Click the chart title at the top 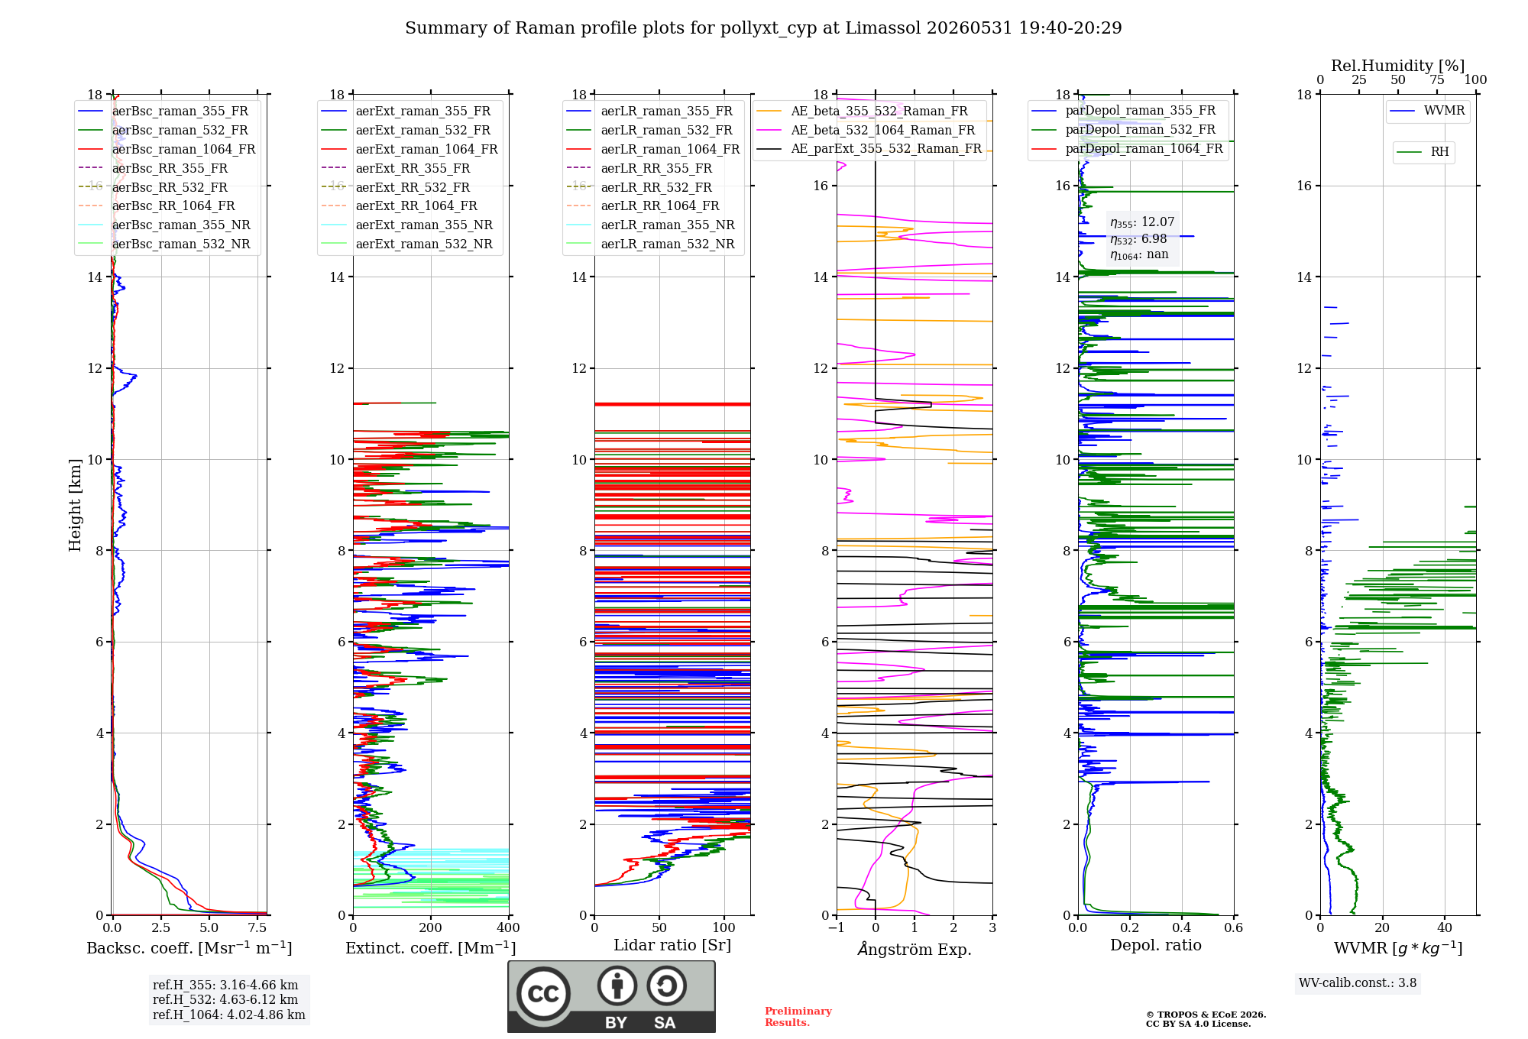[x=763, y=28]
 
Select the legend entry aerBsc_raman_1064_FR [x=183, y=150]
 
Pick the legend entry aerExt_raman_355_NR [x=424, y=225]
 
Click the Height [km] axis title [x=75, y=505]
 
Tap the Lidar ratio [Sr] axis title [x=672, y=945]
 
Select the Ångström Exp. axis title [x=915, y=949]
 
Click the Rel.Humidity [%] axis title [x=1398, y=66]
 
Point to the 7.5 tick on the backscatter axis [x=257, y=927]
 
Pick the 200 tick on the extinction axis [x=431, y=927]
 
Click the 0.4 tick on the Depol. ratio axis [x=1182, y=927]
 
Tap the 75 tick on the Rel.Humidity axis [x=1437, y=79]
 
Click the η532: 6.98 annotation [x=1138, y=239]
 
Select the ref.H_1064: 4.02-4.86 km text [x=229, y=1015]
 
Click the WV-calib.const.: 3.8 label [x=1358, y=983]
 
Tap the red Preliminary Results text [x=798, y=1017]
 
